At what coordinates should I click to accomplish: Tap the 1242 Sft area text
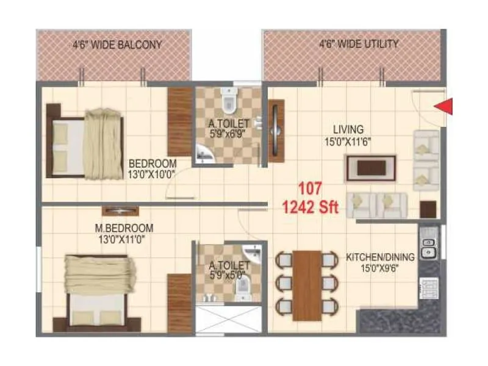310,207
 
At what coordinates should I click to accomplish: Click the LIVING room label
348,129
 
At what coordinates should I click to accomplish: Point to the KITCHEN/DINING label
380,257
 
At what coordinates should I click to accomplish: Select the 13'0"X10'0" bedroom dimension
152,174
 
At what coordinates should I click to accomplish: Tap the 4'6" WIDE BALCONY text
118,45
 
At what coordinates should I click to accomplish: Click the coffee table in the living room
370,168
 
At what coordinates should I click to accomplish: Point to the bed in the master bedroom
91,293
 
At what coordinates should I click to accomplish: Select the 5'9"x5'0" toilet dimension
228,275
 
